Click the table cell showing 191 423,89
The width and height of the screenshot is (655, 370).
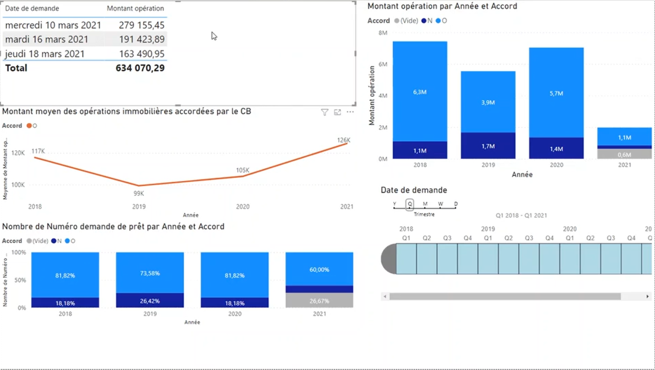click(141, 39)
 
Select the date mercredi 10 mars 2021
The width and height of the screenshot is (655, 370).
click(53, 25)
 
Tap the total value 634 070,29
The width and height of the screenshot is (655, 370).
click(140, 68)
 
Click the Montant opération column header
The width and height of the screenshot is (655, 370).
click(135, 9)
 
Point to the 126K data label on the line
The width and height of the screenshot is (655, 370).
click(343, 140)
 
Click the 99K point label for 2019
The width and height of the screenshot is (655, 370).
click(139, 193)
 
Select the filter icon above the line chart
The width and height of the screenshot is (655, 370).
click(325, 112)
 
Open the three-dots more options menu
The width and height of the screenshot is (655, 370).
click(350, 112)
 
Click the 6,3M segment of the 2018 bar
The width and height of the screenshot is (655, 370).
click(420, 92)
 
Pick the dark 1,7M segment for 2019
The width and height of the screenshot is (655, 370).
click(488, 146)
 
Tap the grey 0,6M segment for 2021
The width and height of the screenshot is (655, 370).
click(624, 154)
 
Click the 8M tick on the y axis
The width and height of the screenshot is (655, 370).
click(383, 33)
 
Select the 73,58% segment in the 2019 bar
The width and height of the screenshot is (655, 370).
click(150, 273)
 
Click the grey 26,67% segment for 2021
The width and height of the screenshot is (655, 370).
click(319, 301)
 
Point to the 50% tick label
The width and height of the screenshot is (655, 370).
click(20, 280)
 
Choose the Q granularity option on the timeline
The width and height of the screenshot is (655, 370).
click(410, 204)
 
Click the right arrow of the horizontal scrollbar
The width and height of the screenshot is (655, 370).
click(647, 296)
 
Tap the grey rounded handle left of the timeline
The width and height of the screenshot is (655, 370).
click(388, 259)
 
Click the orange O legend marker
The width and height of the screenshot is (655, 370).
click(29, 126)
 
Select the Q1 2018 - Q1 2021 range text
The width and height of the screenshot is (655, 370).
click(521, 216)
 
